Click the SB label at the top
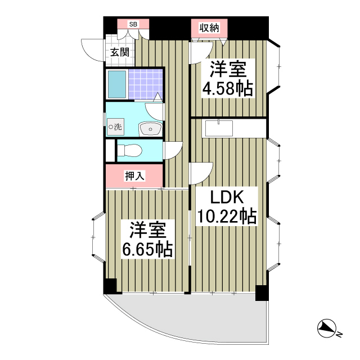pos(133,24)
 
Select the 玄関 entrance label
pos(119,53)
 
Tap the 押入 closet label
pos(134,176)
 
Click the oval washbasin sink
pos(150,129)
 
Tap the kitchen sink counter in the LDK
pos(219,128)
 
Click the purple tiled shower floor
pos(145,84)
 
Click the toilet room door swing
pos(173,150)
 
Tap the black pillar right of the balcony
pos(262,293)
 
